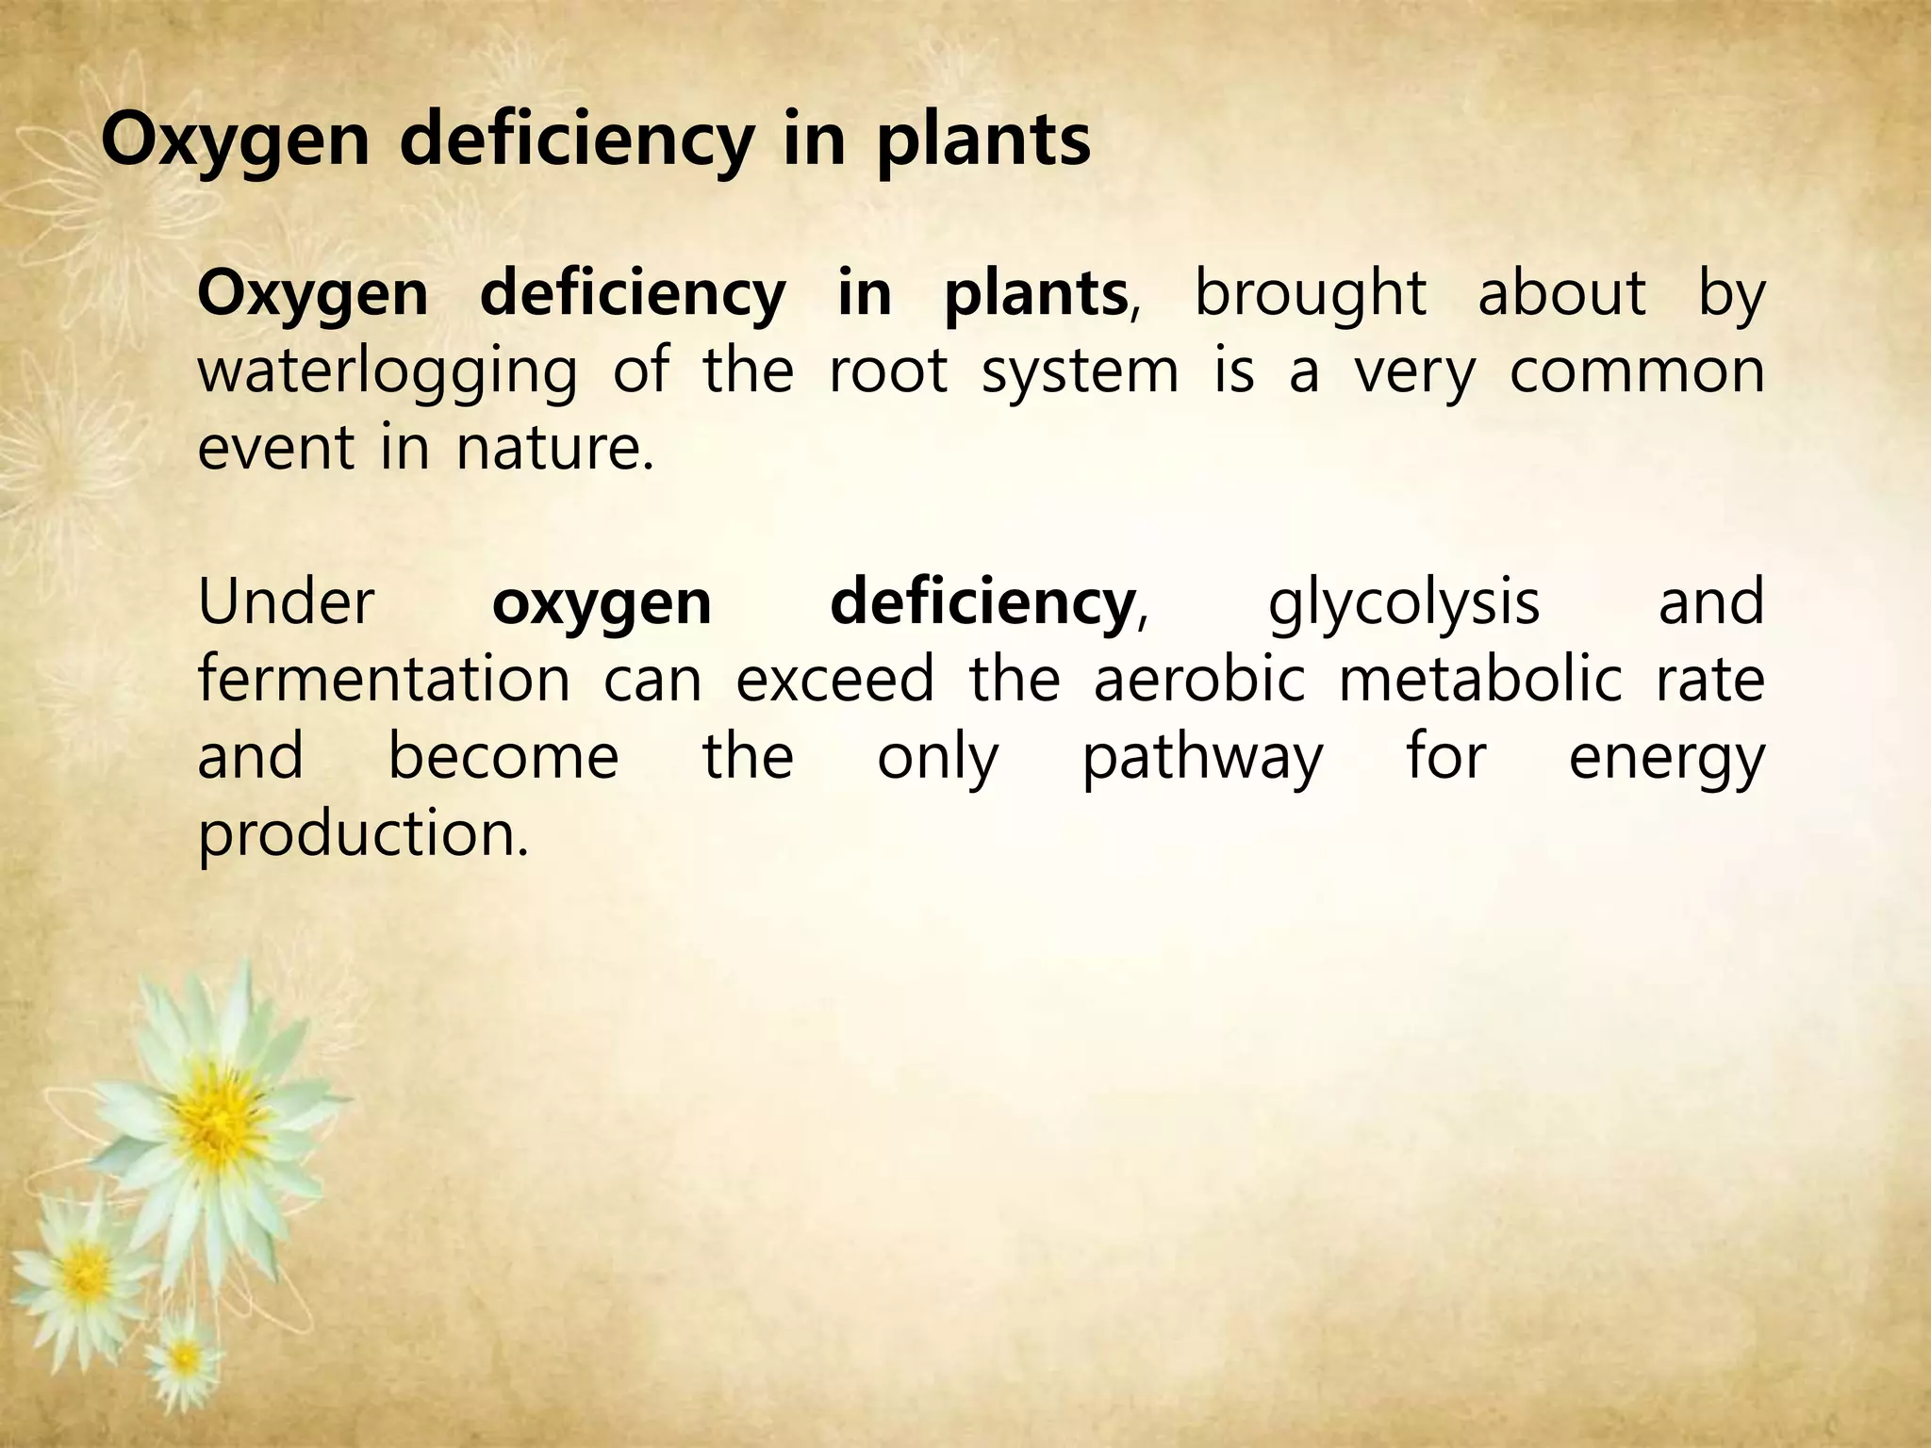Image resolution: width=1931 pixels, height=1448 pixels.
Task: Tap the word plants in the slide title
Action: (x=982, y=141)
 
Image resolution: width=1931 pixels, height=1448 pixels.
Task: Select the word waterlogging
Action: (x=388, y=371)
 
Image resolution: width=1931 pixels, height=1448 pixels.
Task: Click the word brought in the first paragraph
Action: (x=1310, y=294)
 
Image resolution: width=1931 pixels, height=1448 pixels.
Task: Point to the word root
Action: (x=887, y=370)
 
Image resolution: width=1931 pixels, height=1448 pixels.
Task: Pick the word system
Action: (x=1080, y=371)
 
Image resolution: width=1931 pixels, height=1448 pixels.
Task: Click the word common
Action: (x=1637, y=371)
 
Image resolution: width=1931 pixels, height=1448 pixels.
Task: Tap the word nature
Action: (x=554, y=447)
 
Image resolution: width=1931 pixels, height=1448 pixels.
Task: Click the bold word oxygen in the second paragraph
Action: (x=602, y=603)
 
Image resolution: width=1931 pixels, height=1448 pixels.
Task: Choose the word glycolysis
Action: (x=1404, y=603)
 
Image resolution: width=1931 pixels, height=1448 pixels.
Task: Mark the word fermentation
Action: (x=384, y=679)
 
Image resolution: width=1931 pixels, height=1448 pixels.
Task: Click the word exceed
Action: (x=834, y=679)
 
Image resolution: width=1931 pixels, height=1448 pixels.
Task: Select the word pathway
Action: (x=1202, y=758)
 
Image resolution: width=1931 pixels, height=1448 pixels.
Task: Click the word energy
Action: (x=1666, y=758)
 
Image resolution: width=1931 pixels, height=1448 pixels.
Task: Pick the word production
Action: (x=363, y=835)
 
